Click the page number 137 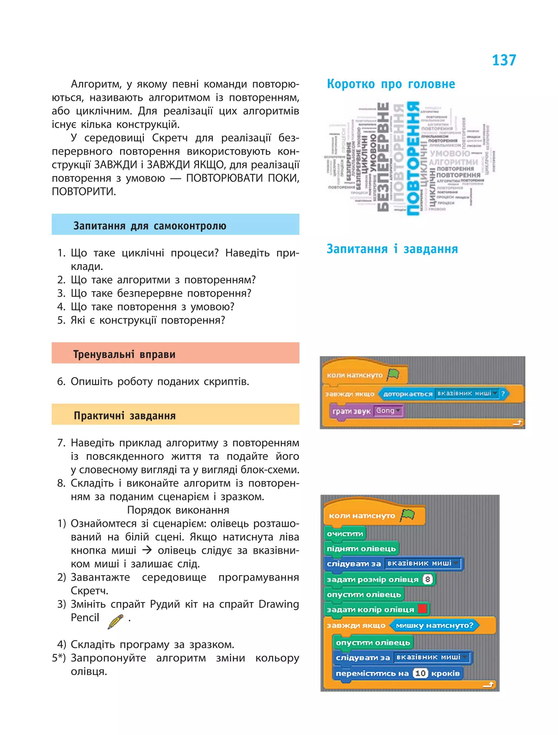click(x=504, y=61)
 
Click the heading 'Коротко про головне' click(x=391, y=84)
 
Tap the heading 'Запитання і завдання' click(x=392, y=249)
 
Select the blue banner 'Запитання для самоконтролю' click(x=175, y=225)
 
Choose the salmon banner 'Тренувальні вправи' click(x=175, y=353)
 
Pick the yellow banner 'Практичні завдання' click(x=175, y=415)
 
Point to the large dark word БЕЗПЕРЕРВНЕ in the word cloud click(x=383, y=157)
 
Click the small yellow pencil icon click(x=115, y=621)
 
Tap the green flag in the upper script click(x=393, y=374)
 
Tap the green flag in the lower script click(x=408, y=515)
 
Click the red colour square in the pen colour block click(x=422, y=609)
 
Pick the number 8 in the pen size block click(x=427, y=579)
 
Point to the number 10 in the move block click(x=420, y=673)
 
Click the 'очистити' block click(x=345, y=534)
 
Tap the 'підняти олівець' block click(x=361, y=548)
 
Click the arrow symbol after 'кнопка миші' click(x=147, y=550)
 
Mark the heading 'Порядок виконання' click(x=178, y=510)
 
